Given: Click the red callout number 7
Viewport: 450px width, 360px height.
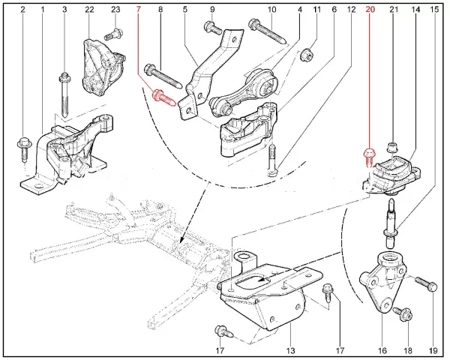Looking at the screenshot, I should pos(139,10).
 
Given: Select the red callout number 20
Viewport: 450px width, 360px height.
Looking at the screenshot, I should pos(369,10).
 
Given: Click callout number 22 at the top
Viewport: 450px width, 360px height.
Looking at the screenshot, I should pos(90,10).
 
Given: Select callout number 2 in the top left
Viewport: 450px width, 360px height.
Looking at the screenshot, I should pos(23,10).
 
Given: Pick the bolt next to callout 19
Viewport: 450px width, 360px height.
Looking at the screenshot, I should pos(422,285).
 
